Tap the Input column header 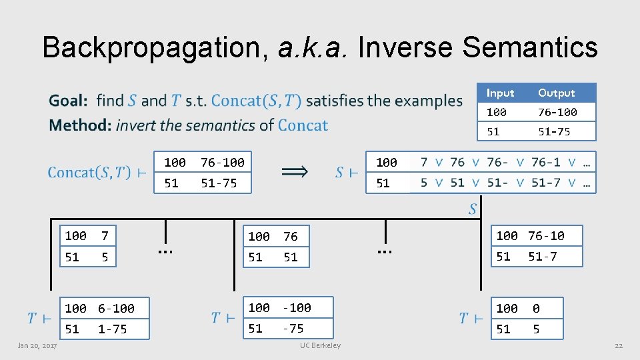(500, 93)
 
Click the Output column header (556, 93)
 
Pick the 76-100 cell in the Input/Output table (557, 112)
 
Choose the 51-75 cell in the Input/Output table (554, 131)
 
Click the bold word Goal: (68, 101)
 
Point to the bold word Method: (79, 125)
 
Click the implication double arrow (295, 172)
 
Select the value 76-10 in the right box (546, 235)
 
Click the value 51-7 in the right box (543, 256)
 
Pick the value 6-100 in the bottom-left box (116, 308)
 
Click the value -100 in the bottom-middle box (297, 307)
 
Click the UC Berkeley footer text (320, 345)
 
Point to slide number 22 (618, 345)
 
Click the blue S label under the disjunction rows (472, 209)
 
